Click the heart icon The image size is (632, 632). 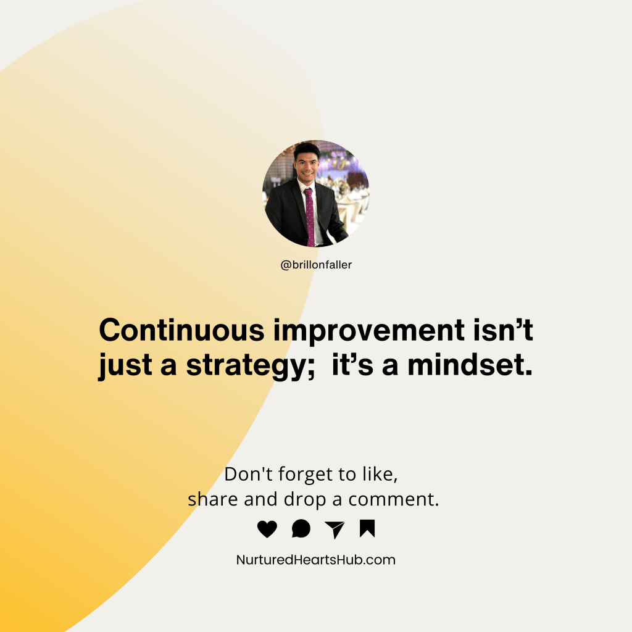(x=267, y=529)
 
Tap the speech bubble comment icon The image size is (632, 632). (x=301, y=529)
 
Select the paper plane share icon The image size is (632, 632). (x=334, y=530)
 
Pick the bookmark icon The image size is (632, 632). (x=367, y=528)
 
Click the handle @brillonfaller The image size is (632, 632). (x=316, y=265)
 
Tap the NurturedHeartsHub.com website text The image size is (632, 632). (x=316, y=560)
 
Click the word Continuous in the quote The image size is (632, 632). (x=181, y=331)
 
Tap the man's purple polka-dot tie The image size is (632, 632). (x=309, y=216)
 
